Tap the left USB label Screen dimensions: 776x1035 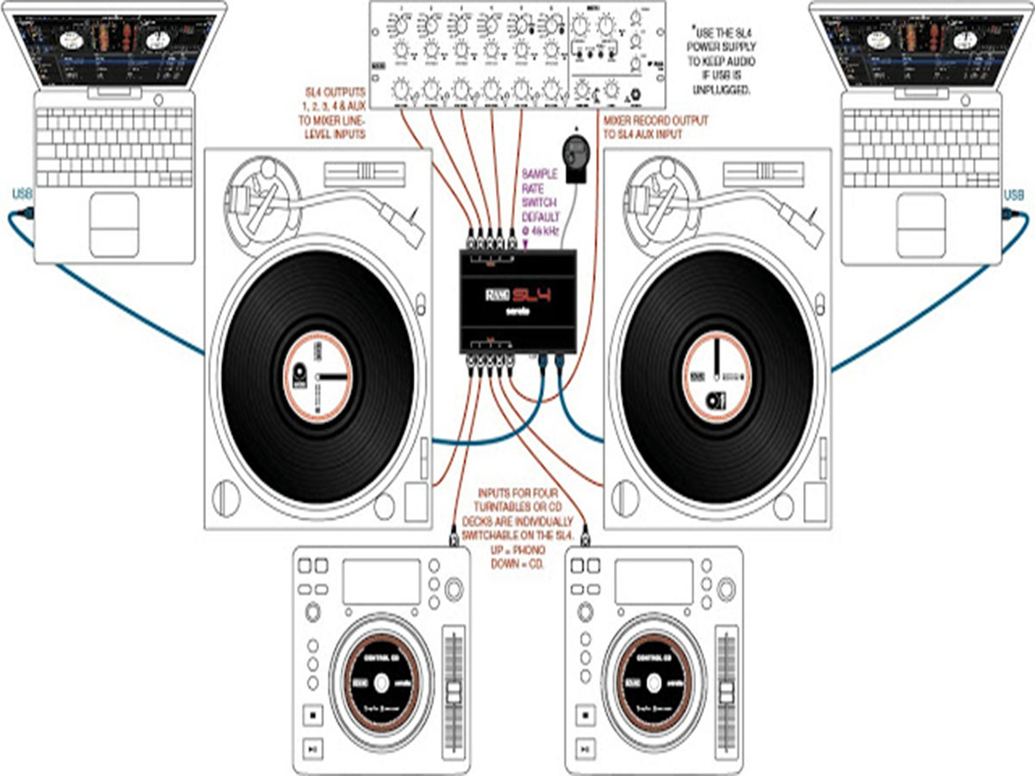click(x=22, y=195)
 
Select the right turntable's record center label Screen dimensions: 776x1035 click(x=716, y=377)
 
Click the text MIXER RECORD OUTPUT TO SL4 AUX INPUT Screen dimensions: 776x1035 click(x=655, y=128)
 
